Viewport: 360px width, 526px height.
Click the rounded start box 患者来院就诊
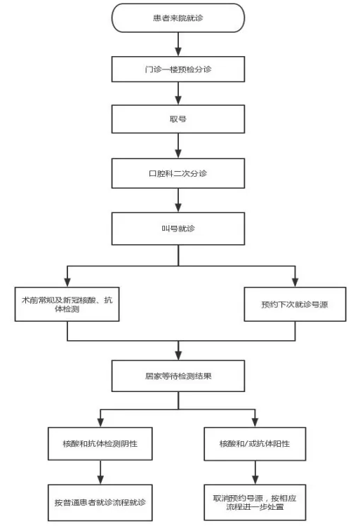[178, 18]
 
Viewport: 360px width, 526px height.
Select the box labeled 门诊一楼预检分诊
[178, 69]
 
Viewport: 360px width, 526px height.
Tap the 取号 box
[178, 119]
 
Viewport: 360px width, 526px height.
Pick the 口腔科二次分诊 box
[178, 173]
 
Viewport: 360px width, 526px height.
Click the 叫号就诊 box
[178, 229]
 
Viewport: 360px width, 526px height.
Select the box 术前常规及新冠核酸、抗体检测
[67, 304]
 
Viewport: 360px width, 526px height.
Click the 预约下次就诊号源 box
[295, 304]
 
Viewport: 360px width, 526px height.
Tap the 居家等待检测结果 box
[178, 376]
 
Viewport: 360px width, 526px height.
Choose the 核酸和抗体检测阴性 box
[100, 443]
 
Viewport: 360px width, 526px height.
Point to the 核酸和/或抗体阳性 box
[255, 443]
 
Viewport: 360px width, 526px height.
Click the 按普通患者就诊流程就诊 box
[100, 502]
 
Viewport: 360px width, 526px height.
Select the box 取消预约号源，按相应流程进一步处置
[255, 502]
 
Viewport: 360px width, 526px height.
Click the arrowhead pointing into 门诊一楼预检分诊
[178, 51]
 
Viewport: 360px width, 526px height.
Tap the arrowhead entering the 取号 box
[178, 100]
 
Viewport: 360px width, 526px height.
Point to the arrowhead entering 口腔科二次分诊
[178, 154]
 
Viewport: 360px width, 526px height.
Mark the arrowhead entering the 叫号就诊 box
[178, 208]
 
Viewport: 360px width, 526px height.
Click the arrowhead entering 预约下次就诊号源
[295, 282]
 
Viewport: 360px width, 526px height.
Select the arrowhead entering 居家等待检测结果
[178, 356]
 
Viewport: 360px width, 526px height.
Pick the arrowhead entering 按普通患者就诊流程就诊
[100, 480]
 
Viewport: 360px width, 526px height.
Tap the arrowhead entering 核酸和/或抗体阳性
[255, 422]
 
